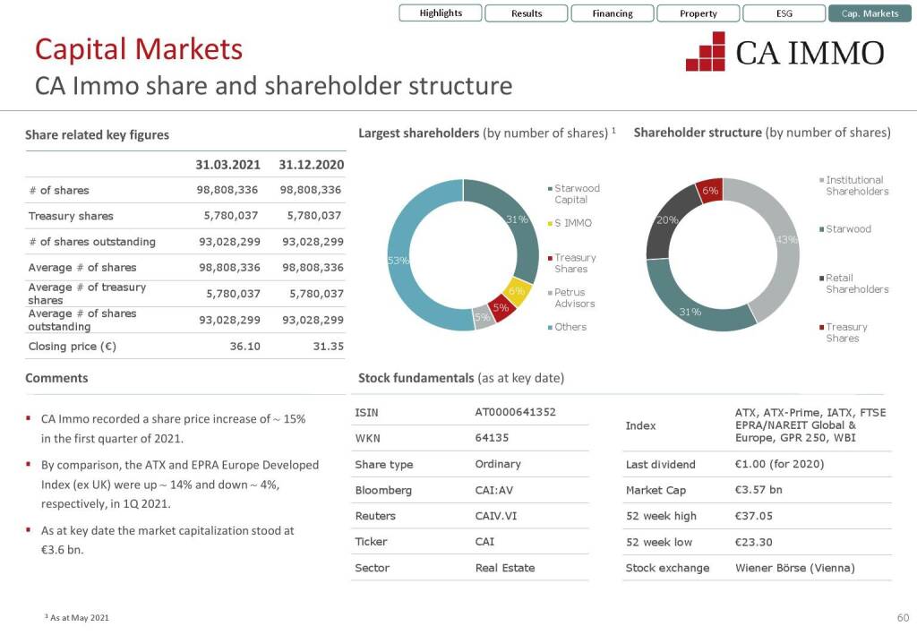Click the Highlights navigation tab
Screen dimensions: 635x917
pos(441,13)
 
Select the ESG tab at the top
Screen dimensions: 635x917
pos(784,13)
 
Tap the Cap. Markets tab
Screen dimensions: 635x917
pos(870,13)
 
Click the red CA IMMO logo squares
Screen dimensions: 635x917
pos(706,52)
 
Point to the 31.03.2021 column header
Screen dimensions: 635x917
pos(227,165)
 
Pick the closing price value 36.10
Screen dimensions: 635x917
pos(244,346)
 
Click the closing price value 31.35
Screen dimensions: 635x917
pos(328,346)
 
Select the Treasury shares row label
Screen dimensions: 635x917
pos(71,216)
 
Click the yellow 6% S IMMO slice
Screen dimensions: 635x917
pos(518,291)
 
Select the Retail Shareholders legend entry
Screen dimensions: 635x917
pos(856,284)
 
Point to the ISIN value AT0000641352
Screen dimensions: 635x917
pos(515,413)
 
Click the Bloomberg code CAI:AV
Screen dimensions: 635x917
pos(493,490)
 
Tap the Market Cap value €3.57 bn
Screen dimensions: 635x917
pos(758,490)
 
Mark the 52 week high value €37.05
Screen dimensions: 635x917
pos(753,516)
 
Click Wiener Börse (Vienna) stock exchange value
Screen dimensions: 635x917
pos(794,568)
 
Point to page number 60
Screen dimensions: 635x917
pos(903,618)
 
